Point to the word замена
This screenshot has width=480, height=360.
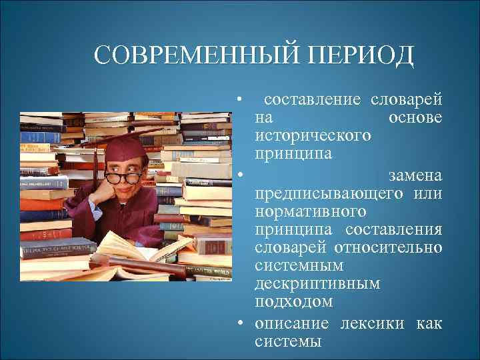pyautogui.click(x=415, y=175)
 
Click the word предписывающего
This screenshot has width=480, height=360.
pyautogui.click(x=329, y=193)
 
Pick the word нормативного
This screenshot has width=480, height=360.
pyautogui.click(x=310, y=211)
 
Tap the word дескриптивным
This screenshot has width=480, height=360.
pyautogui.click(x=317, y=285)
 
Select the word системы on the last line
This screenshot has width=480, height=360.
pyautogui.click(x=287, y=342)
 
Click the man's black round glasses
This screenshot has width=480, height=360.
pyautogui.click(x=124, y=177)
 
